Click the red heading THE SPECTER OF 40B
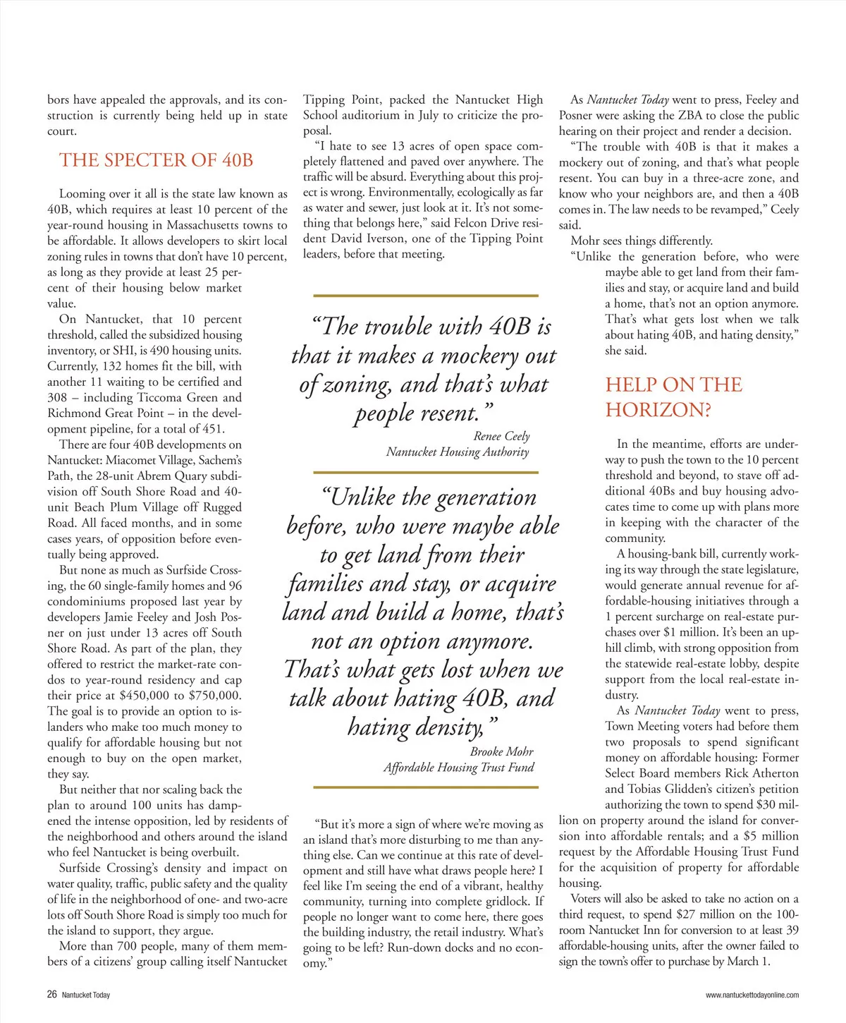coord(156,160)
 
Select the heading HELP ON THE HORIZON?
coord(673,397)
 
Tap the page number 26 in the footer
coord(52,995)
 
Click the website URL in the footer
coord(752,995)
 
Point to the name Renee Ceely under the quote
coord(501,436)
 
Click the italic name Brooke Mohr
coord(501,751)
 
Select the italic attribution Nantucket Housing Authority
coord(457,452)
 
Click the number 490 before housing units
coord(148,351)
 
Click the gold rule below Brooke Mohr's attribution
coord(425,787)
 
